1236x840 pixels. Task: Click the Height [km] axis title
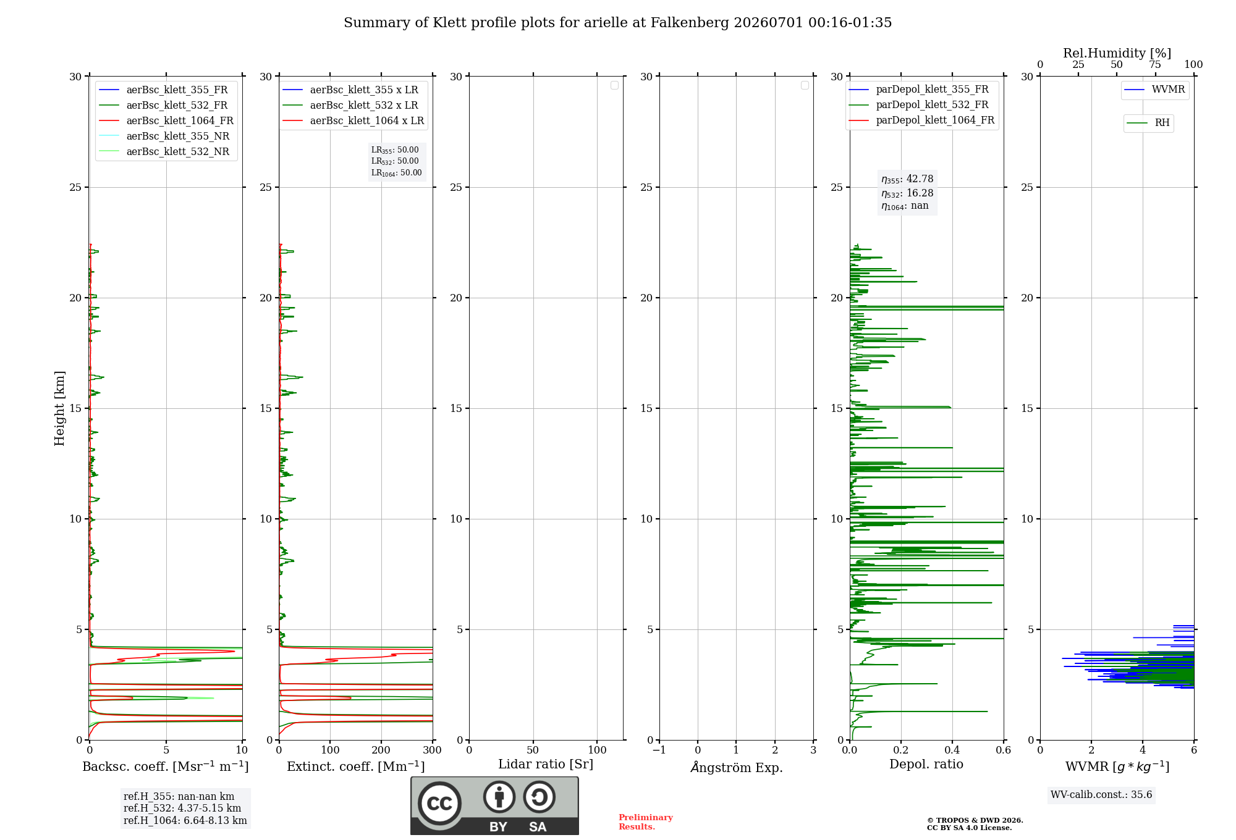(x=59, y=408)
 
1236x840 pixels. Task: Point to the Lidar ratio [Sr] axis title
(x=546, y=765)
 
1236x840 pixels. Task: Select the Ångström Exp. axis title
(x=737, y=767)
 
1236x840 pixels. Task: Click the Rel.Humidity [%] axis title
(x=1117, y=53)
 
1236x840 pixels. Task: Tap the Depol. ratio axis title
(x=926, y=765)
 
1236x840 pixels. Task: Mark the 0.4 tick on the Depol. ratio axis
(x=952, y=750)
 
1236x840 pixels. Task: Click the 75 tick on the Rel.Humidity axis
(x=1155, y=65)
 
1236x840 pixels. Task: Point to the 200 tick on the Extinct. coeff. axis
(x=381, y=750)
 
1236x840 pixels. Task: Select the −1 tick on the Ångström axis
(x=659, y=750)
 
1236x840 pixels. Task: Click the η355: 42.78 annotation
(x=907, y=179)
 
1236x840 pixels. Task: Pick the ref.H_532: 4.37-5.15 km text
(x=182, y=808)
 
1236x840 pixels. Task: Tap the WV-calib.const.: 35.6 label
(x=1101, y=795)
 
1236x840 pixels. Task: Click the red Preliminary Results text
(x=646, y=822)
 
